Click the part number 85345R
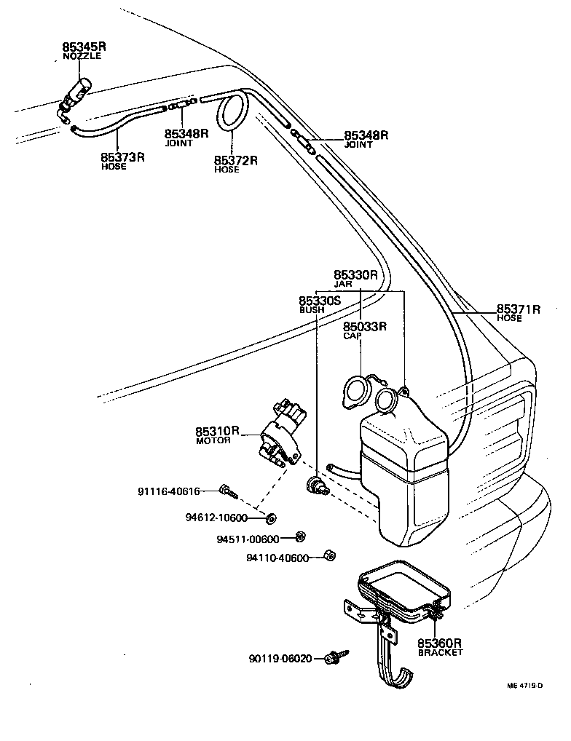[x=84, y=46]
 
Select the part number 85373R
[x=122, y=156]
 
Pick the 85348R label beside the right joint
[x=366, y=135]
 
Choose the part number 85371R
[x=519, y=309]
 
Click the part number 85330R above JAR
[x=355, y=275]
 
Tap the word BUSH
[x=312, y=310]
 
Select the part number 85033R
[x=364, y=327]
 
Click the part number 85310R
[x=217, y=431]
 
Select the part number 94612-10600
[x=217, y=518]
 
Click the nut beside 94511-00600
[x=299, y=538]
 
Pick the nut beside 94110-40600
[x=328, y=557]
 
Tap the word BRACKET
[x=440, y=653]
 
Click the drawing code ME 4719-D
[x=526, y=685]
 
